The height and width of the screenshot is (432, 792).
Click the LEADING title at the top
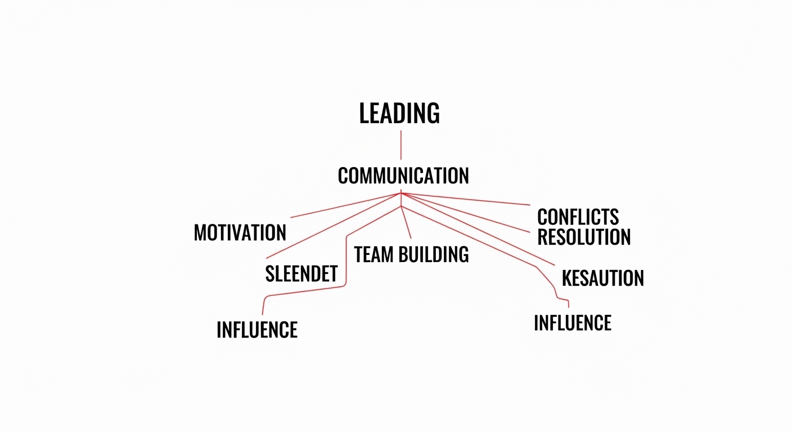(x=399, y=113)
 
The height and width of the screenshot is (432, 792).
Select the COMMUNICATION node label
(x=403, y=175)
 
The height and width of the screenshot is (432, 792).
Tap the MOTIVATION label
(x=240, y=233)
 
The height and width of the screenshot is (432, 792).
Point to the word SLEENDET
(x=301, y=273)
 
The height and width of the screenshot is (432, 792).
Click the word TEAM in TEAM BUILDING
(x=373, y=254)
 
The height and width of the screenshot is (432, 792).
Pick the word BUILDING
(x=434, y=254)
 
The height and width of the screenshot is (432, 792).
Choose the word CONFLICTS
(x=578, y=217)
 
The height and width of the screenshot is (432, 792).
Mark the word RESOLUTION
(x=584, y=237)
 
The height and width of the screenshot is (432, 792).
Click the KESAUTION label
(x=603, y=278)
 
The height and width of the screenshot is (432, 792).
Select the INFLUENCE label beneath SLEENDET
(x=257, y=330)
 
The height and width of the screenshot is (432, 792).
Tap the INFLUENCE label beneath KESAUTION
(x=573, y=322)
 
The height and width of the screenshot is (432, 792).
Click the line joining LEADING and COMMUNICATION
(x=401, y=145)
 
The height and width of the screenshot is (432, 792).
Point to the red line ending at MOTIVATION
(x=346, y=205)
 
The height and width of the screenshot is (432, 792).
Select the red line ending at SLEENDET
(x=334, y=226)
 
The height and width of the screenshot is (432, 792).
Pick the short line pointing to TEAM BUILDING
(x=406, y=222)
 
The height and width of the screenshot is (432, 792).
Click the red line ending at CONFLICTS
(x=466, y=199)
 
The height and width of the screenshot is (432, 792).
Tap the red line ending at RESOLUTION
(x=466, y=213)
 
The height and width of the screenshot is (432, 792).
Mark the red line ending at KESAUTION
(x=478, y=229)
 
